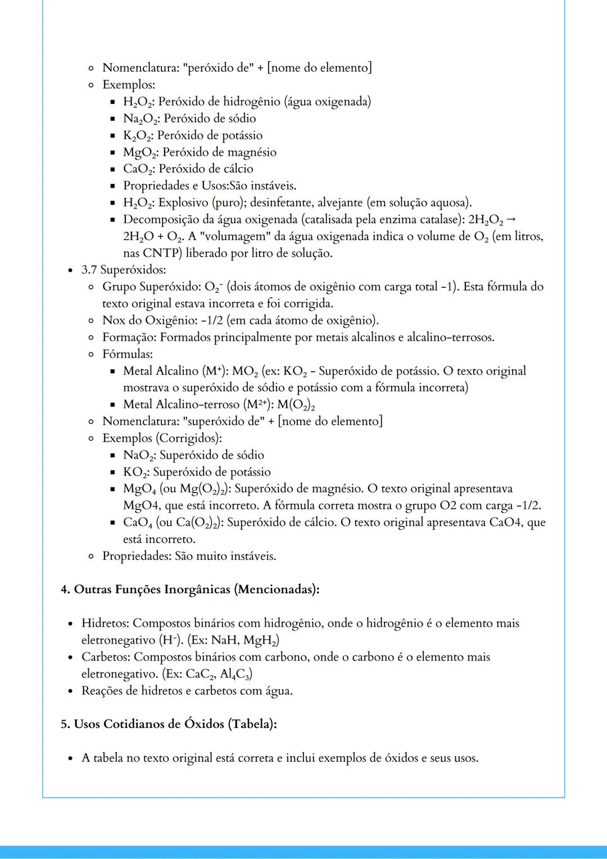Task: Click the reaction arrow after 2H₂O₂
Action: tap(511, 219)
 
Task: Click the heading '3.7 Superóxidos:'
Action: tap(124, 270)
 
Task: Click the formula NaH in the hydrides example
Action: tap(224, 640)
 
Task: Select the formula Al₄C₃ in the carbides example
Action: tap(234, 673)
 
